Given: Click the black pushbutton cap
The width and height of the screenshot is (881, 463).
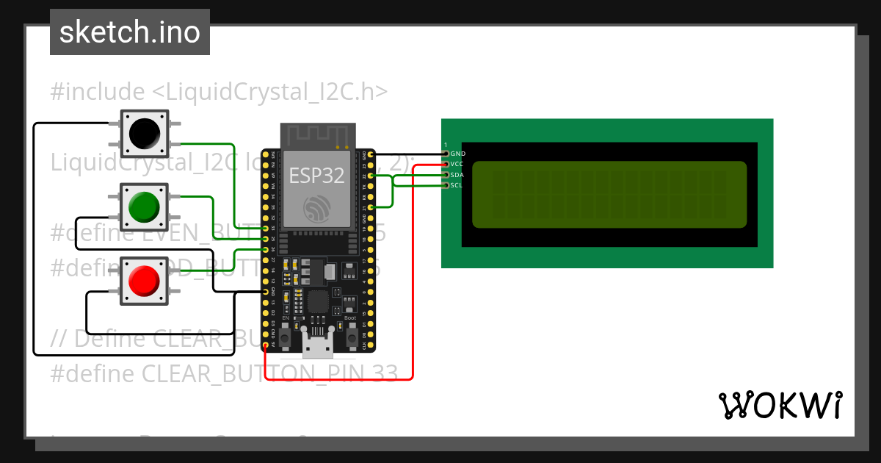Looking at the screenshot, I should pos(145,133).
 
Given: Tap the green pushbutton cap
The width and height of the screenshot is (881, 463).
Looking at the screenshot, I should pos(145,207).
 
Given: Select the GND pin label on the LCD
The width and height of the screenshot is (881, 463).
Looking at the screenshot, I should pos(458,153).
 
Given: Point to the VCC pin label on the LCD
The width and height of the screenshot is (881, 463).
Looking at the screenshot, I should pos(457,164).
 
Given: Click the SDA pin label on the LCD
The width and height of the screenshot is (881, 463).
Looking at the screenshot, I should pos(457,175).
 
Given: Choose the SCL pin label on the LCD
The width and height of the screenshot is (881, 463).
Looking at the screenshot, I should pos(457,186).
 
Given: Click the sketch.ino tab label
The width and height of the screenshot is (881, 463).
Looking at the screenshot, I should pos(130,32).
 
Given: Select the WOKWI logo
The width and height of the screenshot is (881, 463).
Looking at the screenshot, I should pos(780,405).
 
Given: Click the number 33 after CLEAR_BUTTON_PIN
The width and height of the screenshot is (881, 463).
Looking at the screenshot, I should pos(380,373).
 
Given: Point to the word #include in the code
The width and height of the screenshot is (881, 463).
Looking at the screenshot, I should pos(97,92).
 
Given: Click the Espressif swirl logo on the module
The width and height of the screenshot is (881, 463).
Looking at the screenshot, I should pos(317,209).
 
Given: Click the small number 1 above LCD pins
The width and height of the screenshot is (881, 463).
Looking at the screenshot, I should pos(445,145).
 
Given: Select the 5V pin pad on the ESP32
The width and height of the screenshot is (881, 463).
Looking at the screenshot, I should pos(265,344).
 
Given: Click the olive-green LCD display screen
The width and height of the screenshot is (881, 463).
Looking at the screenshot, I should pos(609,194).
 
